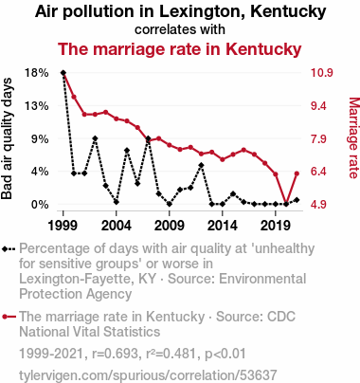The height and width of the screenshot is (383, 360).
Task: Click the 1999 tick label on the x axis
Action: (63, 226)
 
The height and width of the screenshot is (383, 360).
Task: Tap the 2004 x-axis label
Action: (117, 226)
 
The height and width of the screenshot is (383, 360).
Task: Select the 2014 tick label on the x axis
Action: (223, 226)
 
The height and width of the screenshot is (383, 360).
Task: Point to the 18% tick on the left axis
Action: (37, 73)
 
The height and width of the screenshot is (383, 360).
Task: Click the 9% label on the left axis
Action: (40, 138)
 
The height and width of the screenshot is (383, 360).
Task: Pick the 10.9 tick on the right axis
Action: (322, 73)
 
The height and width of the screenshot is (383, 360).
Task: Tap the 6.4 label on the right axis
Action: (318, 172)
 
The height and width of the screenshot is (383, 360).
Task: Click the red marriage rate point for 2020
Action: (286, 204)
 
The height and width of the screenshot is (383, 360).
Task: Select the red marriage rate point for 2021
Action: (297, 173)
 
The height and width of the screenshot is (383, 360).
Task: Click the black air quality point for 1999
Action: (63, 73)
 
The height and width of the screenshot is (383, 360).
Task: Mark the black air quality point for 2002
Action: (95, 138)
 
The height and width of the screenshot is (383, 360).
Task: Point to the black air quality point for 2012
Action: (201, 165)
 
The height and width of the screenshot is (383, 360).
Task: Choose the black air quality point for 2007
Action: (148, 138)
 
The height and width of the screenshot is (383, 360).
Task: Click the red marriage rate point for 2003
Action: (106, 112)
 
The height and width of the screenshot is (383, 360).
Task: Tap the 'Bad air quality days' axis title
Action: (7, 138)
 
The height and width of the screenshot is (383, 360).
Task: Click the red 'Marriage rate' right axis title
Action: (353, 138)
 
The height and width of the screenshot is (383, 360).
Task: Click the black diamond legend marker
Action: (9, 248)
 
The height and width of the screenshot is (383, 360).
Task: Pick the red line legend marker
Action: (9, 317)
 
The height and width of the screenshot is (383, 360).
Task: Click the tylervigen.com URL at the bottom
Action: (148, 375)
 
